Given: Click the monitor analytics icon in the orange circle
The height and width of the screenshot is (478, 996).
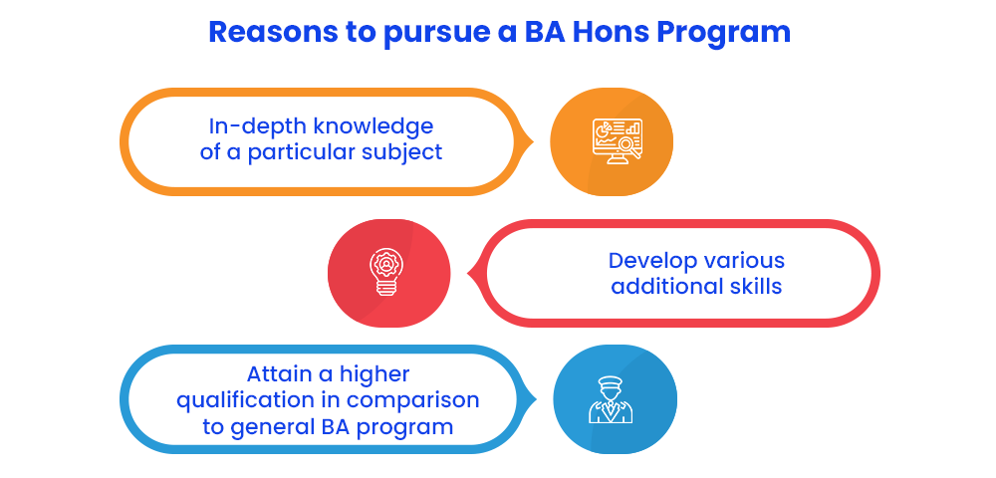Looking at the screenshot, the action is coord(617,141).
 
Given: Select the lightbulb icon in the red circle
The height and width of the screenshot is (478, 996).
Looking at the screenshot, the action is coord(384,273).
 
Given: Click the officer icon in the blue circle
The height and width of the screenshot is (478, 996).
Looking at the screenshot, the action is coord(611,400).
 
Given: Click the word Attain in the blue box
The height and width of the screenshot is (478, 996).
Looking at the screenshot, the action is coord(278,374).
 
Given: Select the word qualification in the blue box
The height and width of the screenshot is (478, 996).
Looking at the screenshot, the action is coord(245,401).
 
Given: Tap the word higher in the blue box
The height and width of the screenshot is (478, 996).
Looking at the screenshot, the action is coord(373,375).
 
